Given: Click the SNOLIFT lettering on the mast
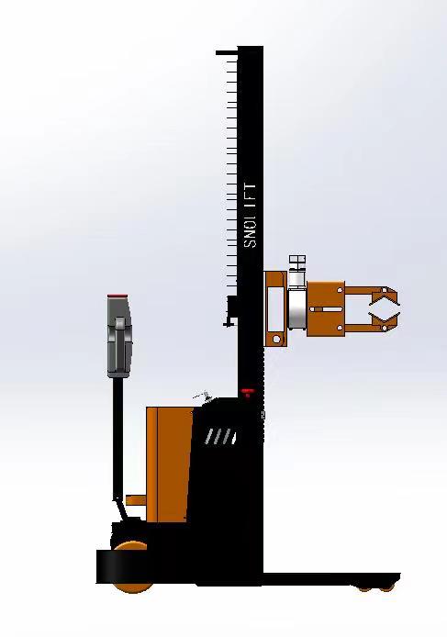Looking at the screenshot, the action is [x=250, y=216].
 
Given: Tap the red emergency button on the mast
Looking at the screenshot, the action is [x=248, y=392].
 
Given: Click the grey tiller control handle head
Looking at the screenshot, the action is [x=119, y=337].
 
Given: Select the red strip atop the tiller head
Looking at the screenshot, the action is [x=117, y=296].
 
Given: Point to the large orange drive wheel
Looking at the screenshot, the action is [x=132, y=566].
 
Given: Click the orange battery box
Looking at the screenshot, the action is [x=169, y=464].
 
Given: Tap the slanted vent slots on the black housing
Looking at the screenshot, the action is [x=220, y=436].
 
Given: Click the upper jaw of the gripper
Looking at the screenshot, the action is [x=383, y=297].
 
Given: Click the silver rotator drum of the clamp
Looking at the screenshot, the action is [x=297, y=308].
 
